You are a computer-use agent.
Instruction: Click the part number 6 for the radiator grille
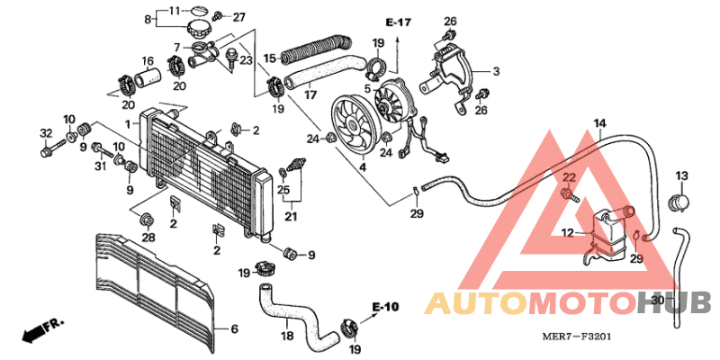click(234, 329)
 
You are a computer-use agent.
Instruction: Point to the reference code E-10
click(383, 308)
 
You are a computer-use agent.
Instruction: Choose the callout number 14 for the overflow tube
click(600, 122)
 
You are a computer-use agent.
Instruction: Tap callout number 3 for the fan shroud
click(495, 70)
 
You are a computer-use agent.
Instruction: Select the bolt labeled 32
click(46, 134)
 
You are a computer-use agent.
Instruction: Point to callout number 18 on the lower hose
click(286, 336)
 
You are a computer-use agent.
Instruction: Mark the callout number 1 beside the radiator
click(128, 123)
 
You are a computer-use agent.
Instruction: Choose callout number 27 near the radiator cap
click(238, 17)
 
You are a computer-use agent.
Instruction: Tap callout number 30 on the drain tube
click(657, 300)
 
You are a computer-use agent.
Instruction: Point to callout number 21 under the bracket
click(291, 216)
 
